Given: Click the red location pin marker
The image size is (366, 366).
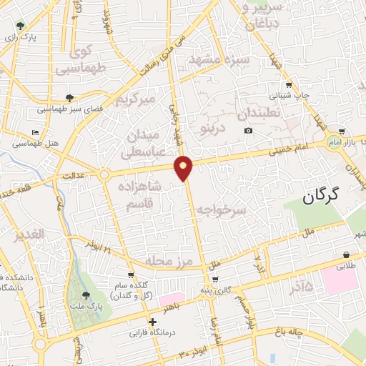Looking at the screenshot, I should (x=184, y=167).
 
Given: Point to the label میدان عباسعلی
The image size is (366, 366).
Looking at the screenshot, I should (x=145, y=142).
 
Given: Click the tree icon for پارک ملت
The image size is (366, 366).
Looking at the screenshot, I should (x=86, y=295).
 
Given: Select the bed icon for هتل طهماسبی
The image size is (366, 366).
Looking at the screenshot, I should (x=36, y=133).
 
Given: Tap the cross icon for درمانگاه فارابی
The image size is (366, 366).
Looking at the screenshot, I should (x=152, y=322).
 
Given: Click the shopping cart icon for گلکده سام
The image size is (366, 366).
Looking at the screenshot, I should (x=130, y=274).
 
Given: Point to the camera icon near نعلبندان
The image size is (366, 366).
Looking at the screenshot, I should (x=248, y=130).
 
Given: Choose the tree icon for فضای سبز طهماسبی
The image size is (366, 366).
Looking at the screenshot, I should (x=69, y=98).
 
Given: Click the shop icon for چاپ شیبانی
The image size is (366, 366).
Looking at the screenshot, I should (x=288, y=84).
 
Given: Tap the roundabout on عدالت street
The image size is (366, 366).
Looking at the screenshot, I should (x=105, y=174).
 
